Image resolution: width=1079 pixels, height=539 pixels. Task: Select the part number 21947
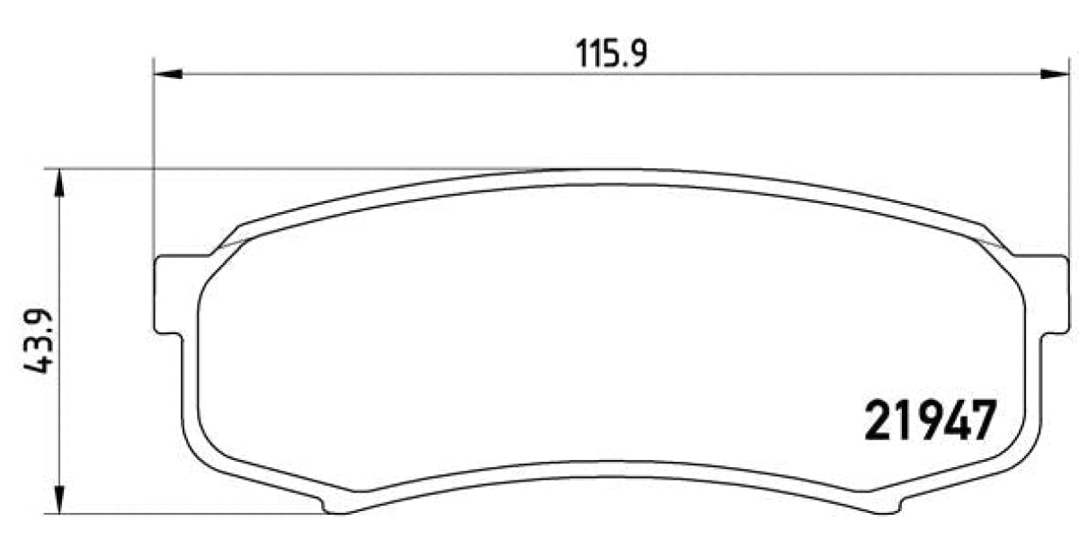[x=930, y=420]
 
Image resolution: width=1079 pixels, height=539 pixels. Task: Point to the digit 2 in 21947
[x=878, y=420]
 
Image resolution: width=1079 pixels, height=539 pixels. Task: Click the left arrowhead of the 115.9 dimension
[x=167, y=74]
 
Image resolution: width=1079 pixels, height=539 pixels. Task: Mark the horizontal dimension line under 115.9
[x=450, y=74]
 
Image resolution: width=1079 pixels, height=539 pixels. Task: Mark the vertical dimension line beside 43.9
[x=59, y=269]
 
